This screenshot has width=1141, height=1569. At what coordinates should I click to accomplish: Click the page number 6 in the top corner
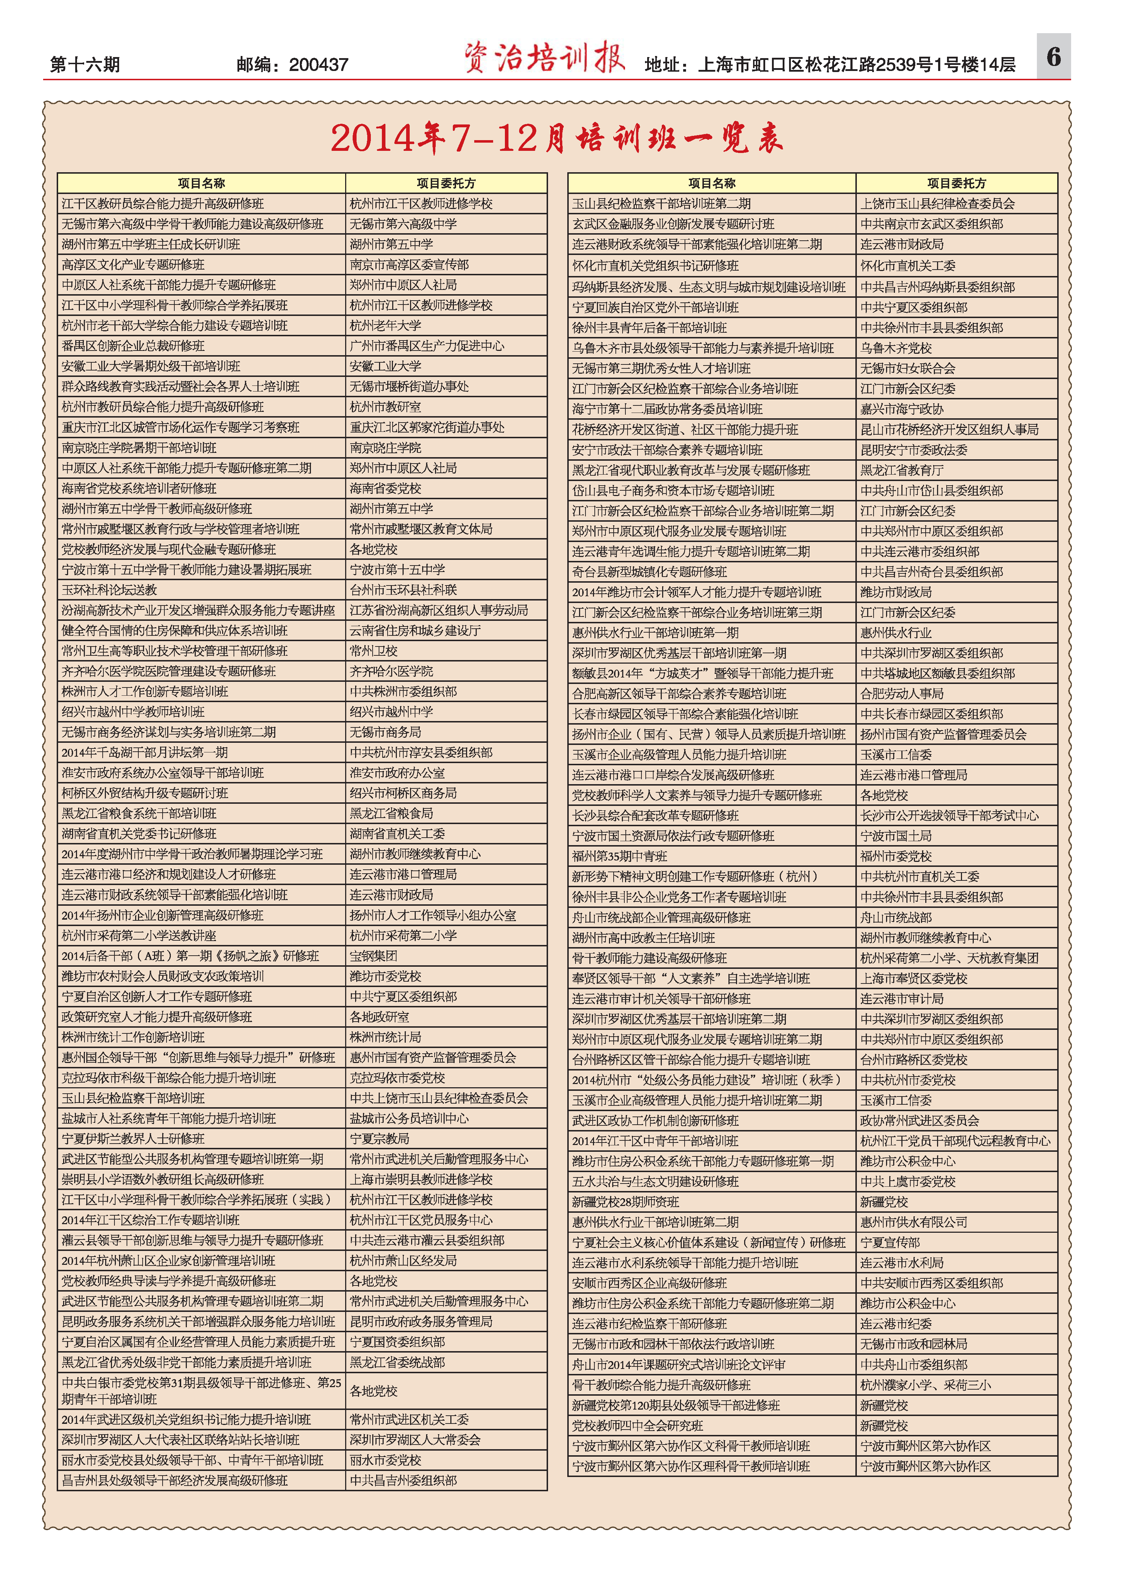pos(1053,57)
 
